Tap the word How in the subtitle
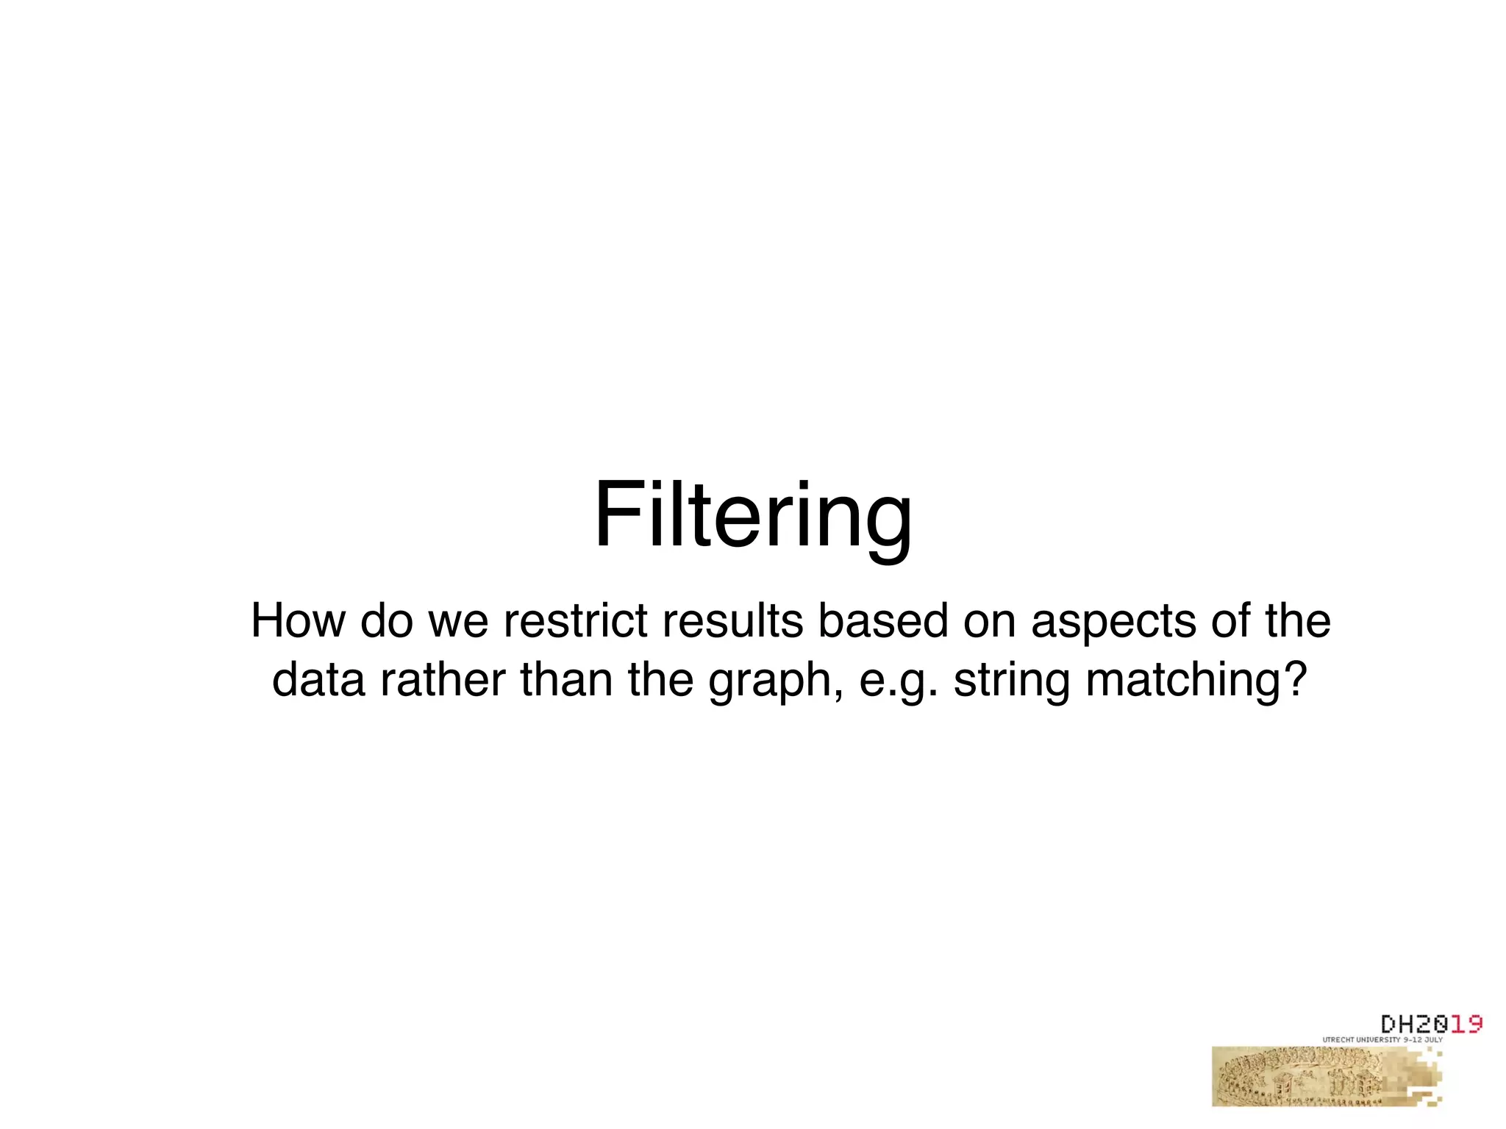pos(298,621)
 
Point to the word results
pos(732,621)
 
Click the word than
pos(566,680)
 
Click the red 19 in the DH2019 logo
pos(1465,1024)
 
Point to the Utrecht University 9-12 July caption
pos(1382,1040)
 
